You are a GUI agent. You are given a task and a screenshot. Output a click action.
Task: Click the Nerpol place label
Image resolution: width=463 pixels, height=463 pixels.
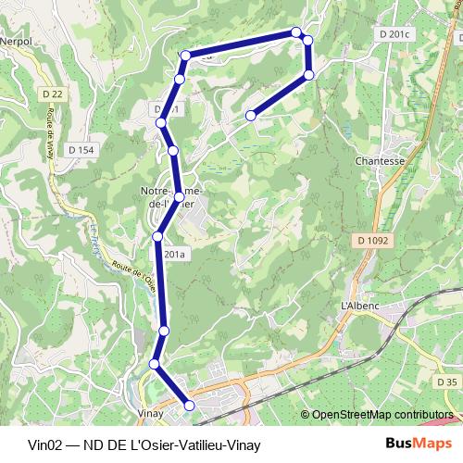coord(16,42)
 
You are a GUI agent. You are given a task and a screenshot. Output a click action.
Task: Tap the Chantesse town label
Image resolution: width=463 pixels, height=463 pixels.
coord(381,160)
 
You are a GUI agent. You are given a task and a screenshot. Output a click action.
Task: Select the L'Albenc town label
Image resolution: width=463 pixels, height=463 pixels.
coord(361,305)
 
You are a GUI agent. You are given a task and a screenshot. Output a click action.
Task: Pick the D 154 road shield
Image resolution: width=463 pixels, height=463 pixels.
coord(81,149)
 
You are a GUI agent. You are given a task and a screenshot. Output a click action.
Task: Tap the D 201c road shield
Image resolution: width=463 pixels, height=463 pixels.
coord(394,34)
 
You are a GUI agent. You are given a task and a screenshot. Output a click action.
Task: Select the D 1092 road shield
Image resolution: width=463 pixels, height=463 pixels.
coord(370,240)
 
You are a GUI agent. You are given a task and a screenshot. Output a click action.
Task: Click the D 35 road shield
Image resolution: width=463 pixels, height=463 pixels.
coord(446,382)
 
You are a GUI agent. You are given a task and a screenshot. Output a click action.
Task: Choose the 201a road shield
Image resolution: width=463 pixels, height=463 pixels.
coord(175,252)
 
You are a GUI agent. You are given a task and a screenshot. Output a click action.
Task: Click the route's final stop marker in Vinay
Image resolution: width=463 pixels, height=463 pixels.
coord(190,405)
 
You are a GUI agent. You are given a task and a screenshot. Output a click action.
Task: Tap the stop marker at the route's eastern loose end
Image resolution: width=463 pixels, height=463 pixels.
coord(251,116)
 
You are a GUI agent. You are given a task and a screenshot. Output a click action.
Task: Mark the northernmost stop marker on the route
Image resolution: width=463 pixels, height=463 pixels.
coord(296,32)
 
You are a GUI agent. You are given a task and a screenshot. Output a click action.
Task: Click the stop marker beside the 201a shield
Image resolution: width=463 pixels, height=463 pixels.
coord(157,237)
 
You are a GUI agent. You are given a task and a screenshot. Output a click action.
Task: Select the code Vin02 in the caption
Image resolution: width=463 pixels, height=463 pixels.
coord(44,444)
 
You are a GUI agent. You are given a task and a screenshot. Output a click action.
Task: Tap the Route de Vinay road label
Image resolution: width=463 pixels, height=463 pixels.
coord(44,133)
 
